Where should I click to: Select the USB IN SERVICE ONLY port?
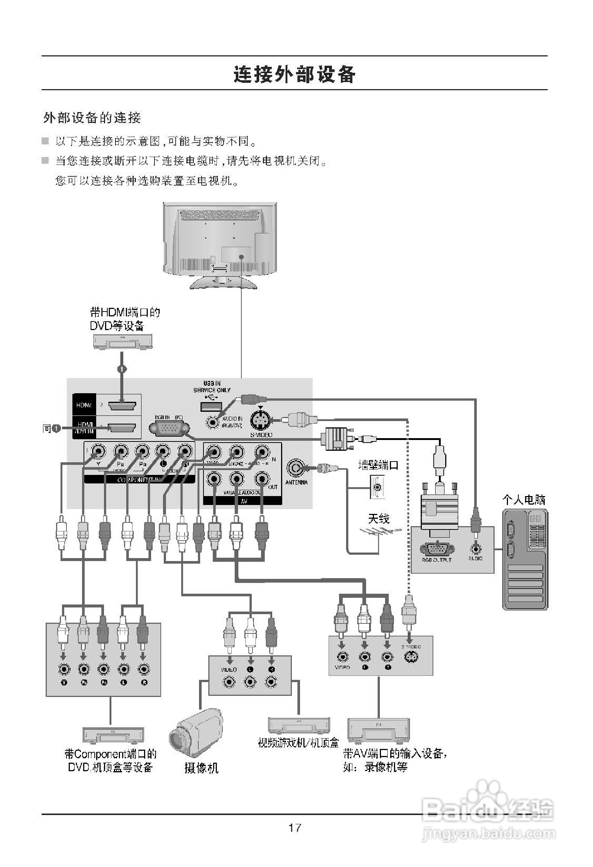pos(211,406)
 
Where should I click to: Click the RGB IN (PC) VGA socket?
pos(169,428)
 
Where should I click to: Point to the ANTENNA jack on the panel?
pos(295,467)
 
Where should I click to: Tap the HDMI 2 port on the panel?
pos(122,405)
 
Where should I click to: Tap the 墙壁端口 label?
pos(378,465)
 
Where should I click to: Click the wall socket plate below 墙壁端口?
pos(377,487)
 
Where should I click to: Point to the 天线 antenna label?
pos(379,518)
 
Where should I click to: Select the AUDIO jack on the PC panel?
pos(475,548)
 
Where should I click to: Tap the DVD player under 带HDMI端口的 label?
pos(123,341)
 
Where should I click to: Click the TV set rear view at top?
pos(220,244)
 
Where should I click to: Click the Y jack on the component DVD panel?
pos(64,669)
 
